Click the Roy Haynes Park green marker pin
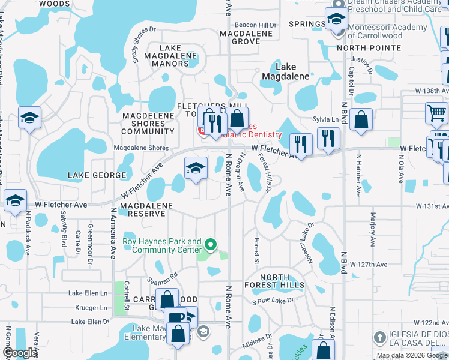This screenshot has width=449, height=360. [x=210, y=245]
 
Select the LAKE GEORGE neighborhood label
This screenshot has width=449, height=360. [x=97, y=175]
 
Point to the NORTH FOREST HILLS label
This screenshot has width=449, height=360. [x=274, y=280]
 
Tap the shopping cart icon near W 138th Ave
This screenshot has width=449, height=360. [x=436, y=112]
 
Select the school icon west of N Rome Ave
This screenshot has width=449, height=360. [x=195, y=169]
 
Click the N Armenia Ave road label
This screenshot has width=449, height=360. [x=112, y=233]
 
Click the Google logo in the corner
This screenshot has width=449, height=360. [x=20, y=353]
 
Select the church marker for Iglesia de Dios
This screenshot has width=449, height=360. [x=379, y=336]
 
